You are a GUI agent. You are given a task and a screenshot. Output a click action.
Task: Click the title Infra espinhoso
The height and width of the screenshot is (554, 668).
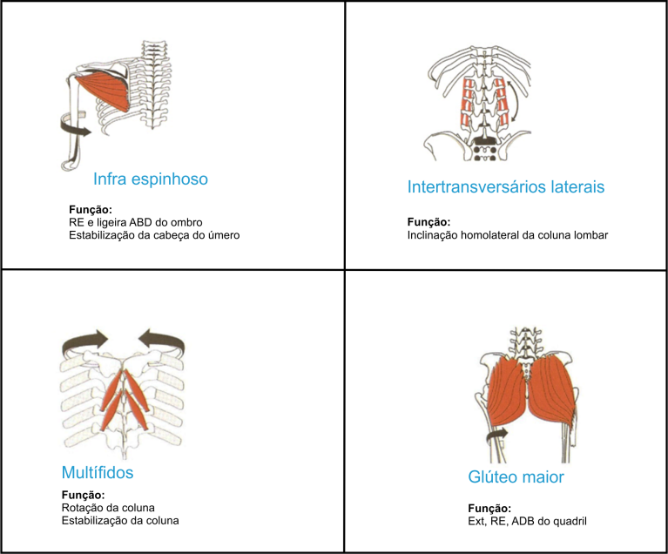point(151,179)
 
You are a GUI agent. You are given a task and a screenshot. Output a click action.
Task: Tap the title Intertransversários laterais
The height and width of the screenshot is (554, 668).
point(506,186)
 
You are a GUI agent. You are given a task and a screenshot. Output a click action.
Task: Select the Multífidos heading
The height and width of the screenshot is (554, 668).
point(98,472)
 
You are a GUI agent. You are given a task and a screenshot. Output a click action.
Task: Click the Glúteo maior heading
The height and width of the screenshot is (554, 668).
point(516,477)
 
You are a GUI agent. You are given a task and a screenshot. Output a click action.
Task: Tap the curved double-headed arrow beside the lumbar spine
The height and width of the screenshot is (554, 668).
point(516,100)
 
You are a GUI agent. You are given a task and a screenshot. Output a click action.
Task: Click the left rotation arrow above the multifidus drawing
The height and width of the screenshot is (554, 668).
point(85,341)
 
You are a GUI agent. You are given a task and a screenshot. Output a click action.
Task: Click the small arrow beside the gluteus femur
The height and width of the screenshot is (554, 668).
point(496,434)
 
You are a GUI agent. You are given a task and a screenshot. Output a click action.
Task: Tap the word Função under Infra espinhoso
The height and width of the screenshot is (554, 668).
point(91,210)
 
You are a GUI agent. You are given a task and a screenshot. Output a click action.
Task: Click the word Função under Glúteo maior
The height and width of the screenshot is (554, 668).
point(489,509)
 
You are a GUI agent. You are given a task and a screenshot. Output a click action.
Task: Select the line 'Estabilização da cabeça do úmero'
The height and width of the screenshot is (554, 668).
point(154,235)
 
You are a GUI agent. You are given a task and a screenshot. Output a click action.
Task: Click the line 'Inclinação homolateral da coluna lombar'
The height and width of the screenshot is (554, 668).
point(508,235)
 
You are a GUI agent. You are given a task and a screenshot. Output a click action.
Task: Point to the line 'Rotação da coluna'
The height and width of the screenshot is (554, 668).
point(108,508)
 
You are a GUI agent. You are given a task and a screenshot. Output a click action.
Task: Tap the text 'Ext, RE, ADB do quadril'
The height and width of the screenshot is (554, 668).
point(527,521)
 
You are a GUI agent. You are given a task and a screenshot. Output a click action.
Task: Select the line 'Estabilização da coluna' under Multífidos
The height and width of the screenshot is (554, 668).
point(120,520)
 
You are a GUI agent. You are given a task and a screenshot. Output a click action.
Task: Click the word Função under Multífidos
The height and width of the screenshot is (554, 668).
point(83,495)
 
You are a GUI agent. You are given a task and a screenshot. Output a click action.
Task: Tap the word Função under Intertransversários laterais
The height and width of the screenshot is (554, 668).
point(428,222)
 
